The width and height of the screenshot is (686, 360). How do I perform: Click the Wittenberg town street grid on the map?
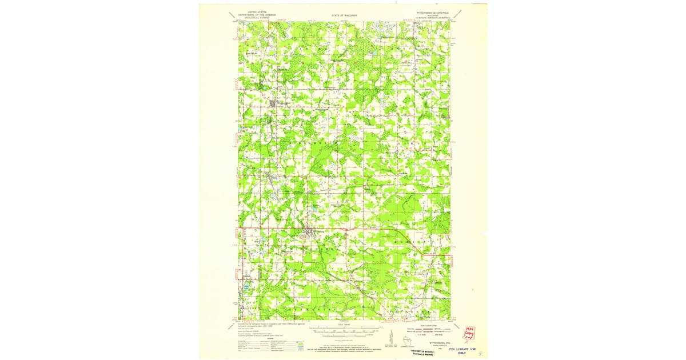tap(309, 232)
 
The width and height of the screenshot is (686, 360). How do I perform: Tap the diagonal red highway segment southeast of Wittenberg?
tap(409, 240)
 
